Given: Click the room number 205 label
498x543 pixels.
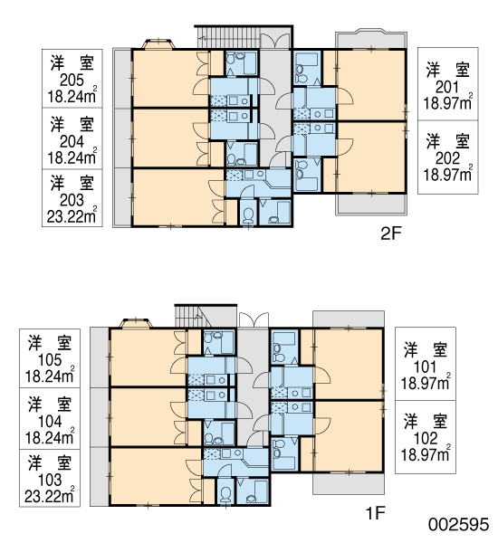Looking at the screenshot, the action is point(72,81).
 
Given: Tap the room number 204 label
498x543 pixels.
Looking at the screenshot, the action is point(72,142).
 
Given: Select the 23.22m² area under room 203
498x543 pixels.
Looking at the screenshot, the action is point(72,216).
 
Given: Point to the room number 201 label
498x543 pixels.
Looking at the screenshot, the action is point(447,87).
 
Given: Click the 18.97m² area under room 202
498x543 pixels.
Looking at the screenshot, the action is point(447,174).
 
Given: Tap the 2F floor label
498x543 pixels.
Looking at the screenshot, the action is point(390,234).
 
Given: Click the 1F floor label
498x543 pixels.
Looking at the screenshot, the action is point(376,513).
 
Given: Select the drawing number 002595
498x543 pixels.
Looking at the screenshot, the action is point(458,525).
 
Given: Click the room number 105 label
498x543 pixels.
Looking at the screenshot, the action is point(50,360).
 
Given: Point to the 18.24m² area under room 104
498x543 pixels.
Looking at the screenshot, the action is point(50,437).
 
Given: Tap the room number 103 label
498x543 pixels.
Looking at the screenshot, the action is point(50,480).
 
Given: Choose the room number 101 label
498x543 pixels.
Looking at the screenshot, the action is point(426,367).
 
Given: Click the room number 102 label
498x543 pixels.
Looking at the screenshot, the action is point(426,438).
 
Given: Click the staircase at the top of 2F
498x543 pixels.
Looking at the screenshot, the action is point(228,37).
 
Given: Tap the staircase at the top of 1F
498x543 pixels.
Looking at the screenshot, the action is point(193,317).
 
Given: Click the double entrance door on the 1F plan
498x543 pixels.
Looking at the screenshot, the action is point(254,319).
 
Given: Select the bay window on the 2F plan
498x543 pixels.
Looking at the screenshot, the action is point(158,44).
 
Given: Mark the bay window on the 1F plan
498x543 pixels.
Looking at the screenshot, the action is point(136,323).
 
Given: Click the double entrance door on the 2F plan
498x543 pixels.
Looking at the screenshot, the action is point(275,41).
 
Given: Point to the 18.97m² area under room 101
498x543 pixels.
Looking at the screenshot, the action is point(426,383).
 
